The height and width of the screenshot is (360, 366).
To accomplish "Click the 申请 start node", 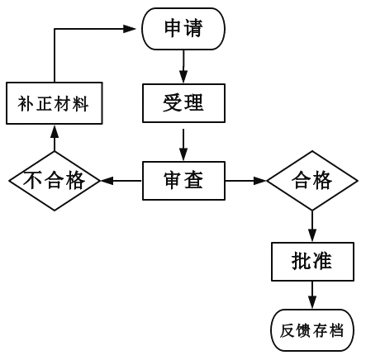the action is (183, 29).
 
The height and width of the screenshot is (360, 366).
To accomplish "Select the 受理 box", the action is (183, 103).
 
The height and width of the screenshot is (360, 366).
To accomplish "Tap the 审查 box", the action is (183, 181).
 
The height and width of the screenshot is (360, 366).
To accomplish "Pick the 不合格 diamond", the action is (55, 181).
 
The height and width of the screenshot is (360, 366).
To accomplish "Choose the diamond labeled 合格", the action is (312, 181).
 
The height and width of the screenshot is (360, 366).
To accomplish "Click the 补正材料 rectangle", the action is (55, 103).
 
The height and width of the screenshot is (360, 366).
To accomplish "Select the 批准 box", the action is (312, 262).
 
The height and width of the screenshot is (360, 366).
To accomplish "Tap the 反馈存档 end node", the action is (312, 330).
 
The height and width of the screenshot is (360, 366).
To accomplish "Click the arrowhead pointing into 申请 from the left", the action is (130, 29).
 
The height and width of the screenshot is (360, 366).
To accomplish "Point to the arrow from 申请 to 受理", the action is (183, 66).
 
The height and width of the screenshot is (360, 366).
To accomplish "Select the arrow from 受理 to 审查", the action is (183, 144).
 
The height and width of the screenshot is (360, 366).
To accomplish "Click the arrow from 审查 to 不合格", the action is (121, 181).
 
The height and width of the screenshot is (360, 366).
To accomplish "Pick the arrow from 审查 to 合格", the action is (245, 181).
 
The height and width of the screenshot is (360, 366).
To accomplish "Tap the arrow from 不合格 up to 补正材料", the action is (55, 138).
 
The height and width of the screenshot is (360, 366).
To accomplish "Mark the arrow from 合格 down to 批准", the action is (312, 226).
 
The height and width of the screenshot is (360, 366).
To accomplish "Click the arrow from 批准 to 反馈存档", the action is (312, 295).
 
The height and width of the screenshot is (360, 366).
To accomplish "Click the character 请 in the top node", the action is (193, 28).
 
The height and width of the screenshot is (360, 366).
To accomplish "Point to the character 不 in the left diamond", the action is (33, 181).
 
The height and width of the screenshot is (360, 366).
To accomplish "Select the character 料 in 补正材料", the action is (80, 103).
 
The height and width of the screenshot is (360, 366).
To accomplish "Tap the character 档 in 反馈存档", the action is (336, 330).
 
